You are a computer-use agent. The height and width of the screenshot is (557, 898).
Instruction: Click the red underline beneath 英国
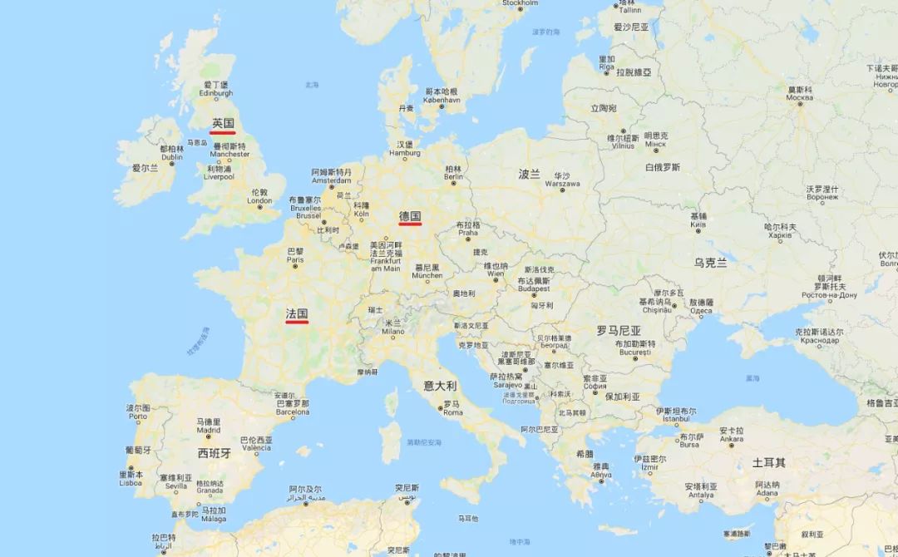tap(223, 132)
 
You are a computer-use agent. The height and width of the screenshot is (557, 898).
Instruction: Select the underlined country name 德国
tap(410, 216)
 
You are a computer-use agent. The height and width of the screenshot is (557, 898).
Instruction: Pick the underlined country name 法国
tap(297, 313)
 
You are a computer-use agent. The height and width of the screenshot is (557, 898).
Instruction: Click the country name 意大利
tap(440, 386)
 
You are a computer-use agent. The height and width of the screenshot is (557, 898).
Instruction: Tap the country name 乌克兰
tap(710, 263)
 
